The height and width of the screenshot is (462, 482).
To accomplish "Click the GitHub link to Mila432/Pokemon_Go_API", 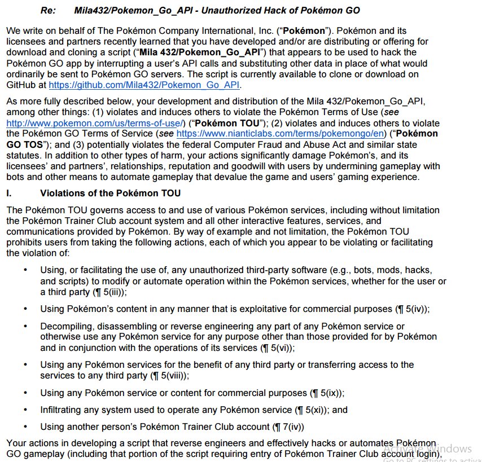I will [x=144, y=85].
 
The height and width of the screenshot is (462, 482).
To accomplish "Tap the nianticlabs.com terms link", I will [x=280, y=134].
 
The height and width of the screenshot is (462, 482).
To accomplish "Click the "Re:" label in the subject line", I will [x=48, y=11].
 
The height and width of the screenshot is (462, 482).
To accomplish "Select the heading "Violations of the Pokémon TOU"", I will [x=111, y=193].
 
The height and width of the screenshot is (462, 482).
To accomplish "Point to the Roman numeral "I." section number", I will [x=10, y=193].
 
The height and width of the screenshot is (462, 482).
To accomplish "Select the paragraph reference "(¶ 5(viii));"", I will [x=169, y=375].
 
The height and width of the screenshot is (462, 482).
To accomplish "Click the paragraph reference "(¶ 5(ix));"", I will [x=327, y=393].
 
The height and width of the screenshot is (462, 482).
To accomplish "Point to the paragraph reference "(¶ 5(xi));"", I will [x=313, y=410].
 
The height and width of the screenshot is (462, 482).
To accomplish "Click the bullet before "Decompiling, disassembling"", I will [x=25, y=327].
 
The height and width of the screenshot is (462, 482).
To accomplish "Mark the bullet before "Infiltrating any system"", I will [x=25, y=410].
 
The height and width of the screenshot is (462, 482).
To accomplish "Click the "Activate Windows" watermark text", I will [x=427, y=448].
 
